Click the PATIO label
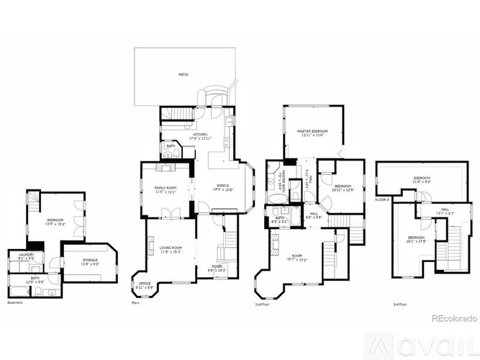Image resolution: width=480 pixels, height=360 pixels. [184, 74]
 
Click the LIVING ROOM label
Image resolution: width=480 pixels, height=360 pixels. [171, 249]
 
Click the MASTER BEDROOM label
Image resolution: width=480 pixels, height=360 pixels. [313, 132]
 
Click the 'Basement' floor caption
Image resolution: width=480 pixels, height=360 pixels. [14, 302]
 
